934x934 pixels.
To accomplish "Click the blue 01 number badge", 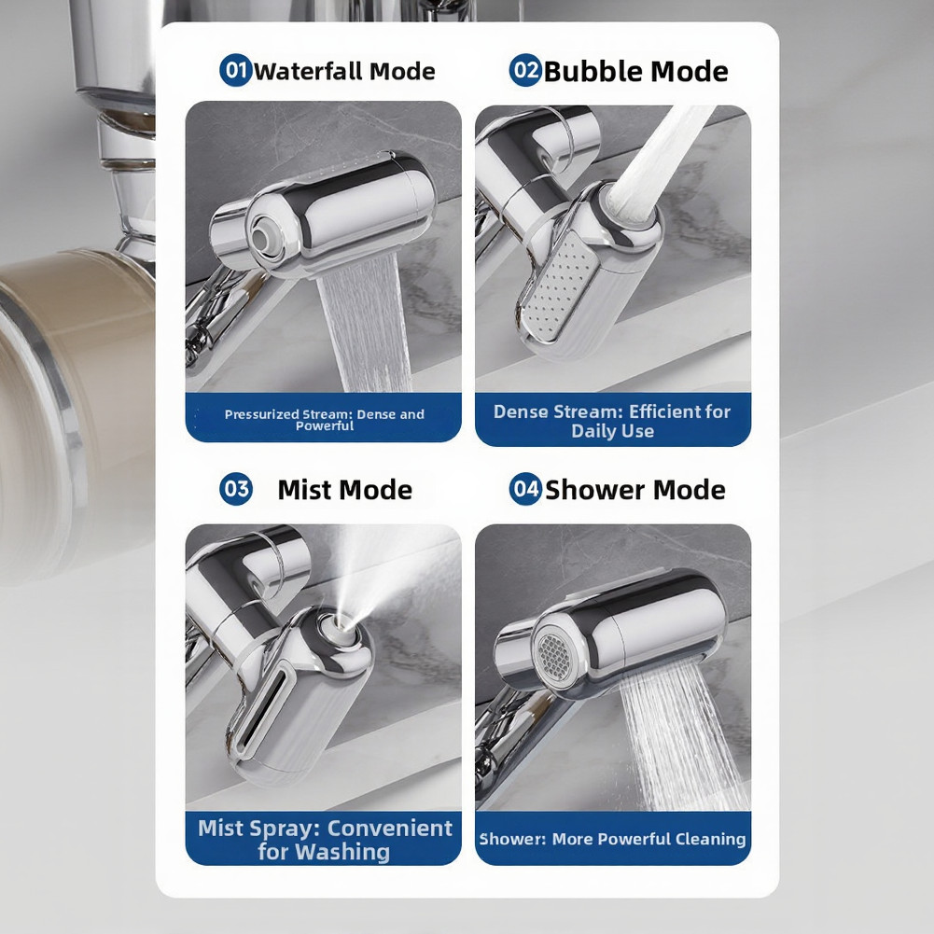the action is click(236, 70).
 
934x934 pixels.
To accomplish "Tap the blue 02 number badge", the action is click(525, 70).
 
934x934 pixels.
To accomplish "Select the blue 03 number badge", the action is click(236, 489).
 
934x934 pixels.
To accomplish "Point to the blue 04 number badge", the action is click(525, 489).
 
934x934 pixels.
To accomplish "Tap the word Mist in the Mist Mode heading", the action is click(304, 490).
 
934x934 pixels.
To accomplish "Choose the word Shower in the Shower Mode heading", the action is click(595, 490).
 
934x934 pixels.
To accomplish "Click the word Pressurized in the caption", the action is click(261, 414).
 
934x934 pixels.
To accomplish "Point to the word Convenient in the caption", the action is click(390, 828).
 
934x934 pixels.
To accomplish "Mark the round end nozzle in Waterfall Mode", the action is click(264, 237).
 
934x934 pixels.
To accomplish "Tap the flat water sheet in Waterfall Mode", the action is click(363, 322).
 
